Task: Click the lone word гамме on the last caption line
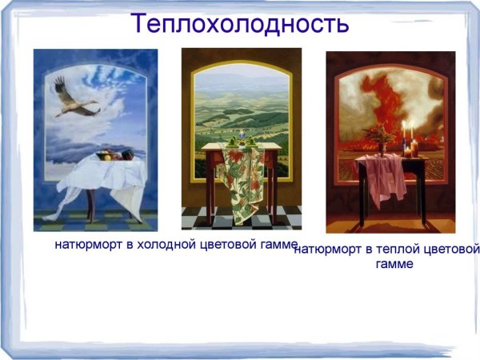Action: (394, 265)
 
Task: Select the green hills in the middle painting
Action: (240, 112)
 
